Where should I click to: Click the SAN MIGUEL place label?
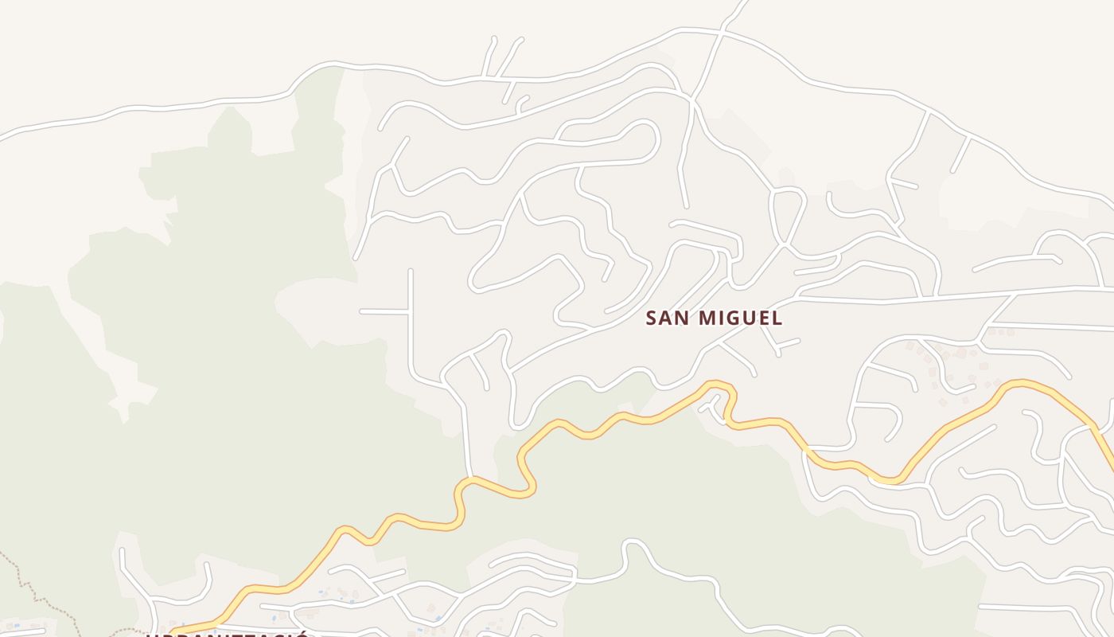pyautogui.click(x=714, y=318)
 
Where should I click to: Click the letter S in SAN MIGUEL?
pyautogui.click(x=652, y=318)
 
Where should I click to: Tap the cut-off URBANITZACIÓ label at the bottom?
pyautogui.click(x=227, y=633)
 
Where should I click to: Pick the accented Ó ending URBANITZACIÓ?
pyautogui.click(x=301, y=633)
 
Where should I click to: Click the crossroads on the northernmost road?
pyautogui.click(x=723, y=32)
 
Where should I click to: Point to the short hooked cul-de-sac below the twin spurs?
pyautogui.click(x=521, y=103)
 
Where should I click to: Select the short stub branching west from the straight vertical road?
pyautogui.click(x=384, y=311)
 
